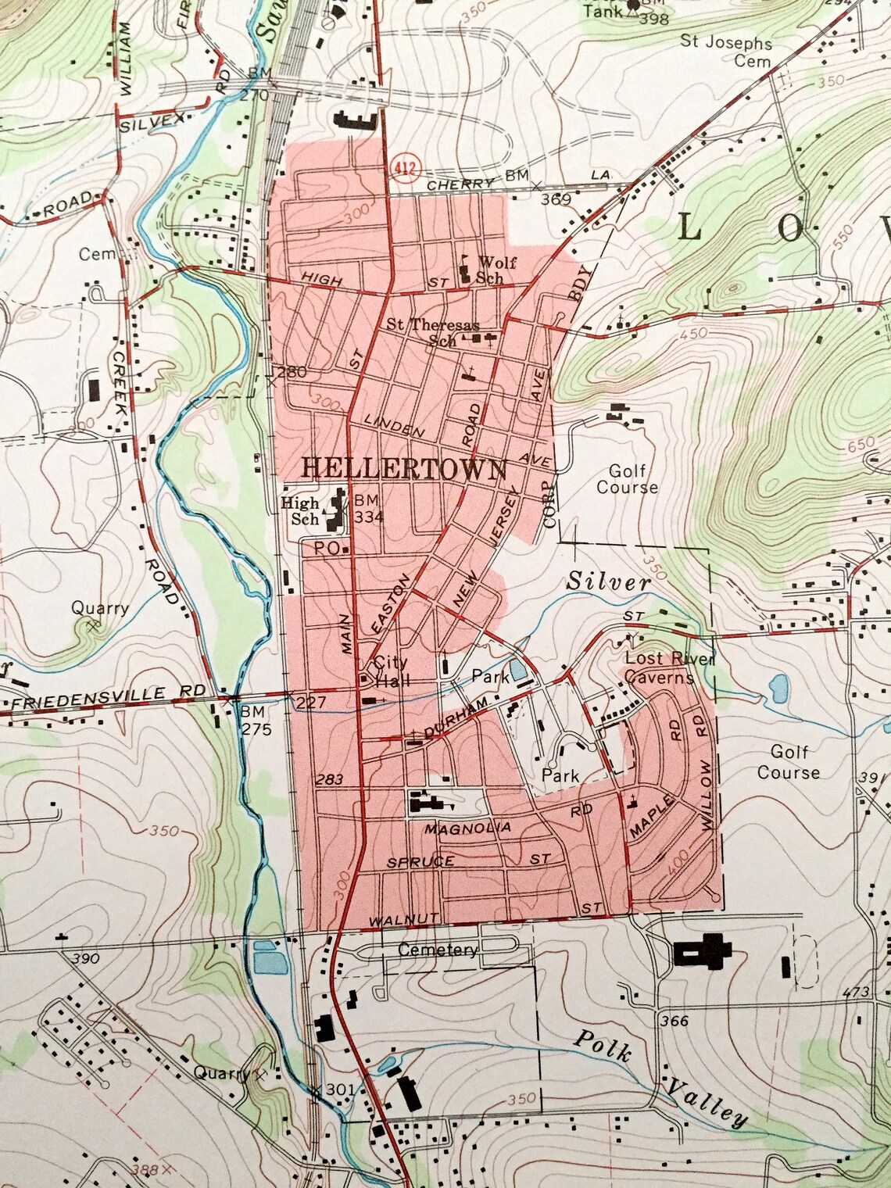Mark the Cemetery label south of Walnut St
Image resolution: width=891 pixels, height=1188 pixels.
pyautogui.click(x=437, y=950)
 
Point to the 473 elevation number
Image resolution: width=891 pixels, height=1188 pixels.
pyautogui.click(x=857, y=993)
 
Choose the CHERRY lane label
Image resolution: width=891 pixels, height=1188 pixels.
pyautogui.click(x=461, y=184)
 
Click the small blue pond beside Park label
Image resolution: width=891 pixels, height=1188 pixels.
pyautogui.click(x=517, y=670)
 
